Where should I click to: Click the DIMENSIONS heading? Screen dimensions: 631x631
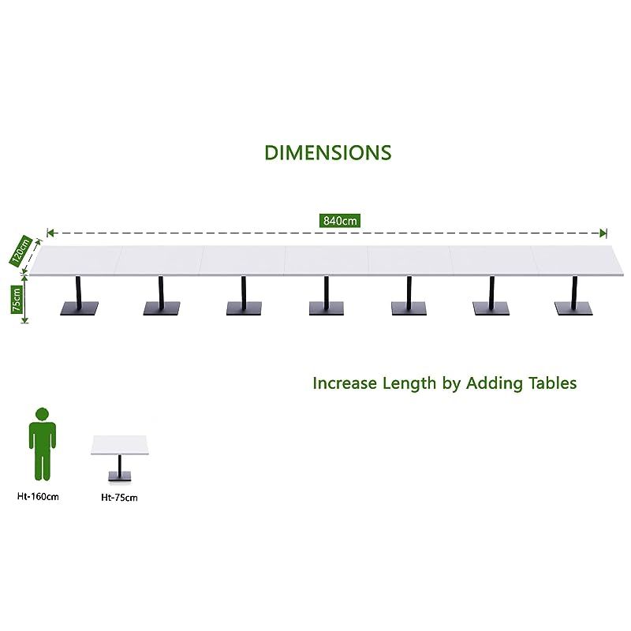[x=327, y=152]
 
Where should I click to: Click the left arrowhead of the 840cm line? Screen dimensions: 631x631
[x=50, y=233]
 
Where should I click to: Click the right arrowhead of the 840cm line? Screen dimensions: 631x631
[x=603, y=233]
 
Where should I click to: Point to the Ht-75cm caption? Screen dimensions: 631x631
[x=119, y=498]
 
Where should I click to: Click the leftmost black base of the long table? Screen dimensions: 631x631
[x=79, y=308]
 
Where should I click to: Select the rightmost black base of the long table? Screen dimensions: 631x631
[x=573, y=308]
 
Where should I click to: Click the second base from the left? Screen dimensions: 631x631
[x=162, y=308]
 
